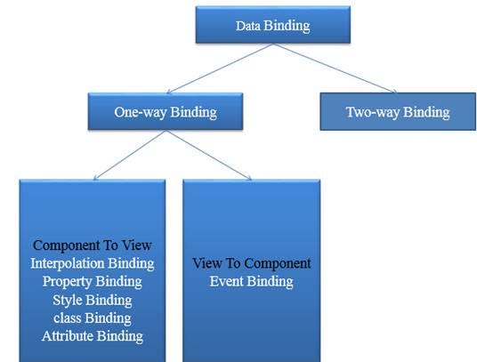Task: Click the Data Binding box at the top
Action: (273, 25)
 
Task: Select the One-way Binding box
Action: (166, 111)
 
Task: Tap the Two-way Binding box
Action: (398, 111)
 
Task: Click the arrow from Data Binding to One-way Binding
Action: (220, 68)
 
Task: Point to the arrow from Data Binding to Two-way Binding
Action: (335, 68)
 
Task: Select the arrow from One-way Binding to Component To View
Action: (130, 155)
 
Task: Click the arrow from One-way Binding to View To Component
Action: (208, 155)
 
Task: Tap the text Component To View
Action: (93, 245)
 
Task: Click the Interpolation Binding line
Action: (93, 263)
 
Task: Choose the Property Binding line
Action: (93, 282)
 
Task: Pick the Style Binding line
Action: (93, 300)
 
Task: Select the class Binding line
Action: (93, 318)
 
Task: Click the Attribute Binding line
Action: (93, 336)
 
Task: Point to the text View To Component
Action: (252, 263)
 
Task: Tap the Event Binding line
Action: (252, 281)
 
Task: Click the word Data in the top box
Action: (248, 26)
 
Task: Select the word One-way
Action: (141, 112)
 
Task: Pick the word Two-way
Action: (372, 112)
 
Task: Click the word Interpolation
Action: (68, 263)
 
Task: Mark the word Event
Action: (226, 281)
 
